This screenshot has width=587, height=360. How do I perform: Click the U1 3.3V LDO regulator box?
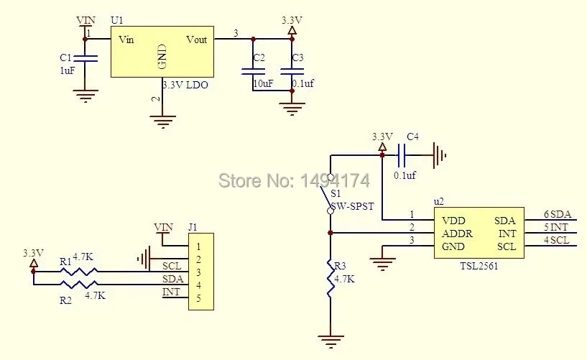pos(162,52)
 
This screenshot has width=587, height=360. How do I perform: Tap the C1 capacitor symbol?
pos(85,58)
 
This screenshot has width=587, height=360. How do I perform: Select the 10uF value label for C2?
pos(263,83)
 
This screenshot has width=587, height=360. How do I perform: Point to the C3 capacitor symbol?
pos(292,71)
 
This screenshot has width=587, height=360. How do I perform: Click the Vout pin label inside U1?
pos(197,40)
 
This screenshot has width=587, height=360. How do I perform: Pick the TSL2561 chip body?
pos(479,233)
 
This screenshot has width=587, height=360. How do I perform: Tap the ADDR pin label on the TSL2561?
pos(457,234)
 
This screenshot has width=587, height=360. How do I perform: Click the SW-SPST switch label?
pos(352,206)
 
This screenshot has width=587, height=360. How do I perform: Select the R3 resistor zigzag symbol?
pos(331,277)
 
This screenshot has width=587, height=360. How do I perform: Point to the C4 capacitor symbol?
pos(402,155)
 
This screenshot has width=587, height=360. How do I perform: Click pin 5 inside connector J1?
pos(198,298)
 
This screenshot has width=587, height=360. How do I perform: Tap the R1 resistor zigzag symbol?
pos(79,272)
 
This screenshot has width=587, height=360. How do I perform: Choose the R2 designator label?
pos(65,300)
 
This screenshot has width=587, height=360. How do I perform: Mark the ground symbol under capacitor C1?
pos(85,96)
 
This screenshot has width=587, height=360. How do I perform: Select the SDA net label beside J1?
pos(172,279)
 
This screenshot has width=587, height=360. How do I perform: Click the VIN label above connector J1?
pos(164,227)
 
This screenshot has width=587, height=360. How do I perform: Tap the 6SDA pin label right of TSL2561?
pos(558,214)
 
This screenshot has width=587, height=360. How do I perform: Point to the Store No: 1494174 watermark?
pos(295,181)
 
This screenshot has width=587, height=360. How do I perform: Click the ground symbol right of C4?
pos(440,155)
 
